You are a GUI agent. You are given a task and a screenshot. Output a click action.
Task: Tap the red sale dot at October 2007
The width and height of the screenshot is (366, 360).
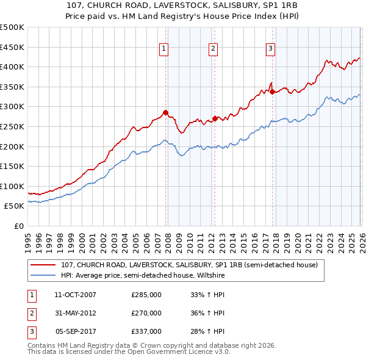click(165, 112)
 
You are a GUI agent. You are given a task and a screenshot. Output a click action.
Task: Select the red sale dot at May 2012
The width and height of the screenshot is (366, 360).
click(215, 118)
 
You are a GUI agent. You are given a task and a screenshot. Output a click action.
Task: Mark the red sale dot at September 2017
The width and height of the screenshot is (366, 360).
click(272, 92)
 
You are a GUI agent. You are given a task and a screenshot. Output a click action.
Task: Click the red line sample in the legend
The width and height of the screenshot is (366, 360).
click(43, 265)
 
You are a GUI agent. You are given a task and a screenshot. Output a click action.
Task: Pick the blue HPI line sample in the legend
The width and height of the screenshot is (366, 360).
click(43, 276)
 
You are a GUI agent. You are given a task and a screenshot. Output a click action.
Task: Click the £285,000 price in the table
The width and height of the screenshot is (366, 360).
click(146, 295)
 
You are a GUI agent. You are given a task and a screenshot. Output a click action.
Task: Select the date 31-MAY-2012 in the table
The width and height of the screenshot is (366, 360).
click(76, 313)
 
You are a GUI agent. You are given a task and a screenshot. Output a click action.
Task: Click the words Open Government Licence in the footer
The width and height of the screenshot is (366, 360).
click(165, 352)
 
